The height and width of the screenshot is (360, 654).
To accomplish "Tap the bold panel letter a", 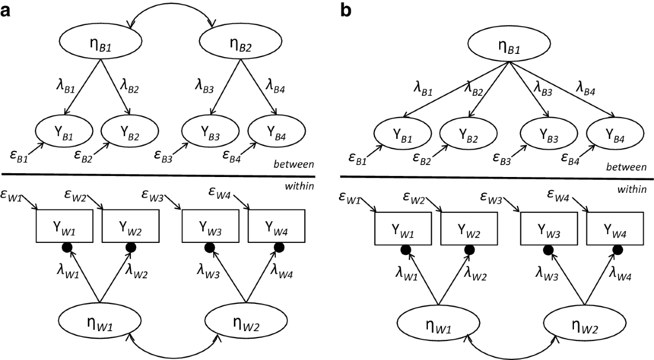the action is click(x=5, y=11).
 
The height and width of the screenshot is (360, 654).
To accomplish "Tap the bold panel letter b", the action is click(x=346, y=10).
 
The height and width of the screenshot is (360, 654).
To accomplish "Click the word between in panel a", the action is click(x=294, y=164).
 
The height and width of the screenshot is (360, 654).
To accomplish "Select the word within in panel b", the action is click(x=632, y=190).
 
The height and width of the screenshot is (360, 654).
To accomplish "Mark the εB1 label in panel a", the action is click(x=19, y=156).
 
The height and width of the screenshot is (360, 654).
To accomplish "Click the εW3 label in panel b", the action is click(x=491, y=198).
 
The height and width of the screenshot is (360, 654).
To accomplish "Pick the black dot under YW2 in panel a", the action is click(x=131, y=248).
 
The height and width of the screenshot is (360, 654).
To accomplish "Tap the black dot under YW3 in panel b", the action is click(x=548, y=250).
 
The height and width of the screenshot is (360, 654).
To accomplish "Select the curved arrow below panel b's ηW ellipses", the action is click(x=512, y=357).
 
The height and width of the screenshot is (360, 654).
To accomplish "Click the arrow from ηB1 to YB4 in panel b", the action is click(x=562, y=89).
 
